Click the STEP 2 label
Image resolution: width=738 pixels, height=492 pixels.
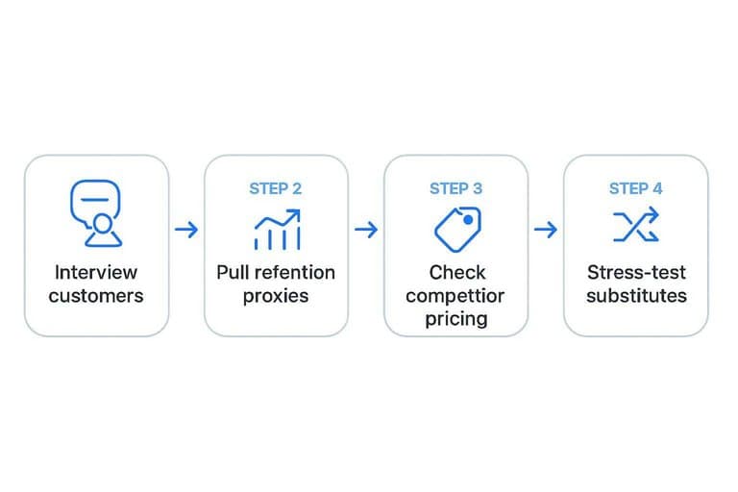[276, 188]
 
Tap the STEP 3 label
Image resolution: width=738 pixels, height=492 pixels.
[455, 188]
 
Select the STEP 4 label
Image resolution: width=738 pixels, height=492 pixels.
[635, 188]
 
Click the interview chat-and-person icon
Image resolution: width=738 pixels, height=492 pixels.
[96, 213]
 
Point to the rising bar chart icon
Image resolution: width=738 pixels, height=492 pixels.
[277, 230]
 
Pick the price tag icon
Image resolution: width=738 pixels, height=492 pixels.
[457, 230]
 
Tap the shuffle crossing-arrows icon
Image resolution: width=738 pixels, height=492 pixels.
[636, 225]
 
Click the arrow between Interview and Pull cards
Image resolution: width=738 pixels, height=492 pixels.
[186, 230]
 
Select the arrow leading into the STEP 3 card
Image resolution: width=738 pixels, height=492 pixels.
[366, 230]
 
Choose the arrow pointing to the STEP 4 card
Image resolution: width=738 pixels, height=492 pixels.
[546, 230]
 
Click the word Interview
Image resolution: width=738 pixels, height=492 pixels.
[96, 272]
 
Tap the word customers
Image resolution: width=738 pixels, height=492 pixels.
[96, 296]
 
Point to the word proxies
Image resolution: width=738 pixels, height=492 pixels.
[276, 297]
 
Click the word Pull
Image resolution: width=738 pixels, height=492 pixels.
[232, 272]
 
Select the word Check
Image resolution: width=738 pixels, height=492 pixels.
[457, 272]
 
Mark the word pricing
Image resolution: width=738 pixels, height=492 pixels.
[456, 320]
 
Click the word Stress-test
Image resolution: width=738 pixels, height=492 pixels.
[636, 272]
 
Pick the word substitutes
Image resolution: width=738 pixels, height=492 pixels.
[636, 296]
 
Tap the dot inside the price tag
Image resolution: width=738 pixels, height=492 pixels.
[468, 220]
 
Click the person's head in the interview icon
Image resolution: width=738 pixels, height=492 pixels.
[102, 223]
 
